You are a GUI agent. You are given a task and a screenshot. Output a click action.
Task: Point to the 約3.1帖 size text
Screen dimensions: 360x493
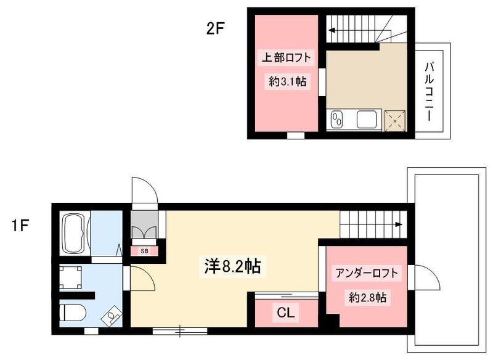tap(288, 80)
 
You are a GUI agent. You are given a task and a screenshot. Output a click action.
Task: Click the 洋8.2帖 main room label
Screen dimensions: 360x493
tap(231, 266)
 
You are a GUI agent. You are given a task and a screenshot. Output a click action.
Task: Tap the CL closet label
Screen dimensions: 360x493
tap(285, 313)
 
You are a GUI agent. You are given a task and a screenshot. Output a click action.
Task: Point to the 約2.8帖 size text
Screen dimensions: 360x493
tap(367, 298)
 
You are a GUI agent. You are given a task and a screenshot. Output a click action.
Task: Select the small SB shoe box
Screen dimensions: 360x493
tap(144, 251)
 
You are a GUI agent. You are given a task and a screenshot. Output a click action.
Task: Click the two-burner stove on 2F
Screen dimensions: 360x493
tap(337, 119)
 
